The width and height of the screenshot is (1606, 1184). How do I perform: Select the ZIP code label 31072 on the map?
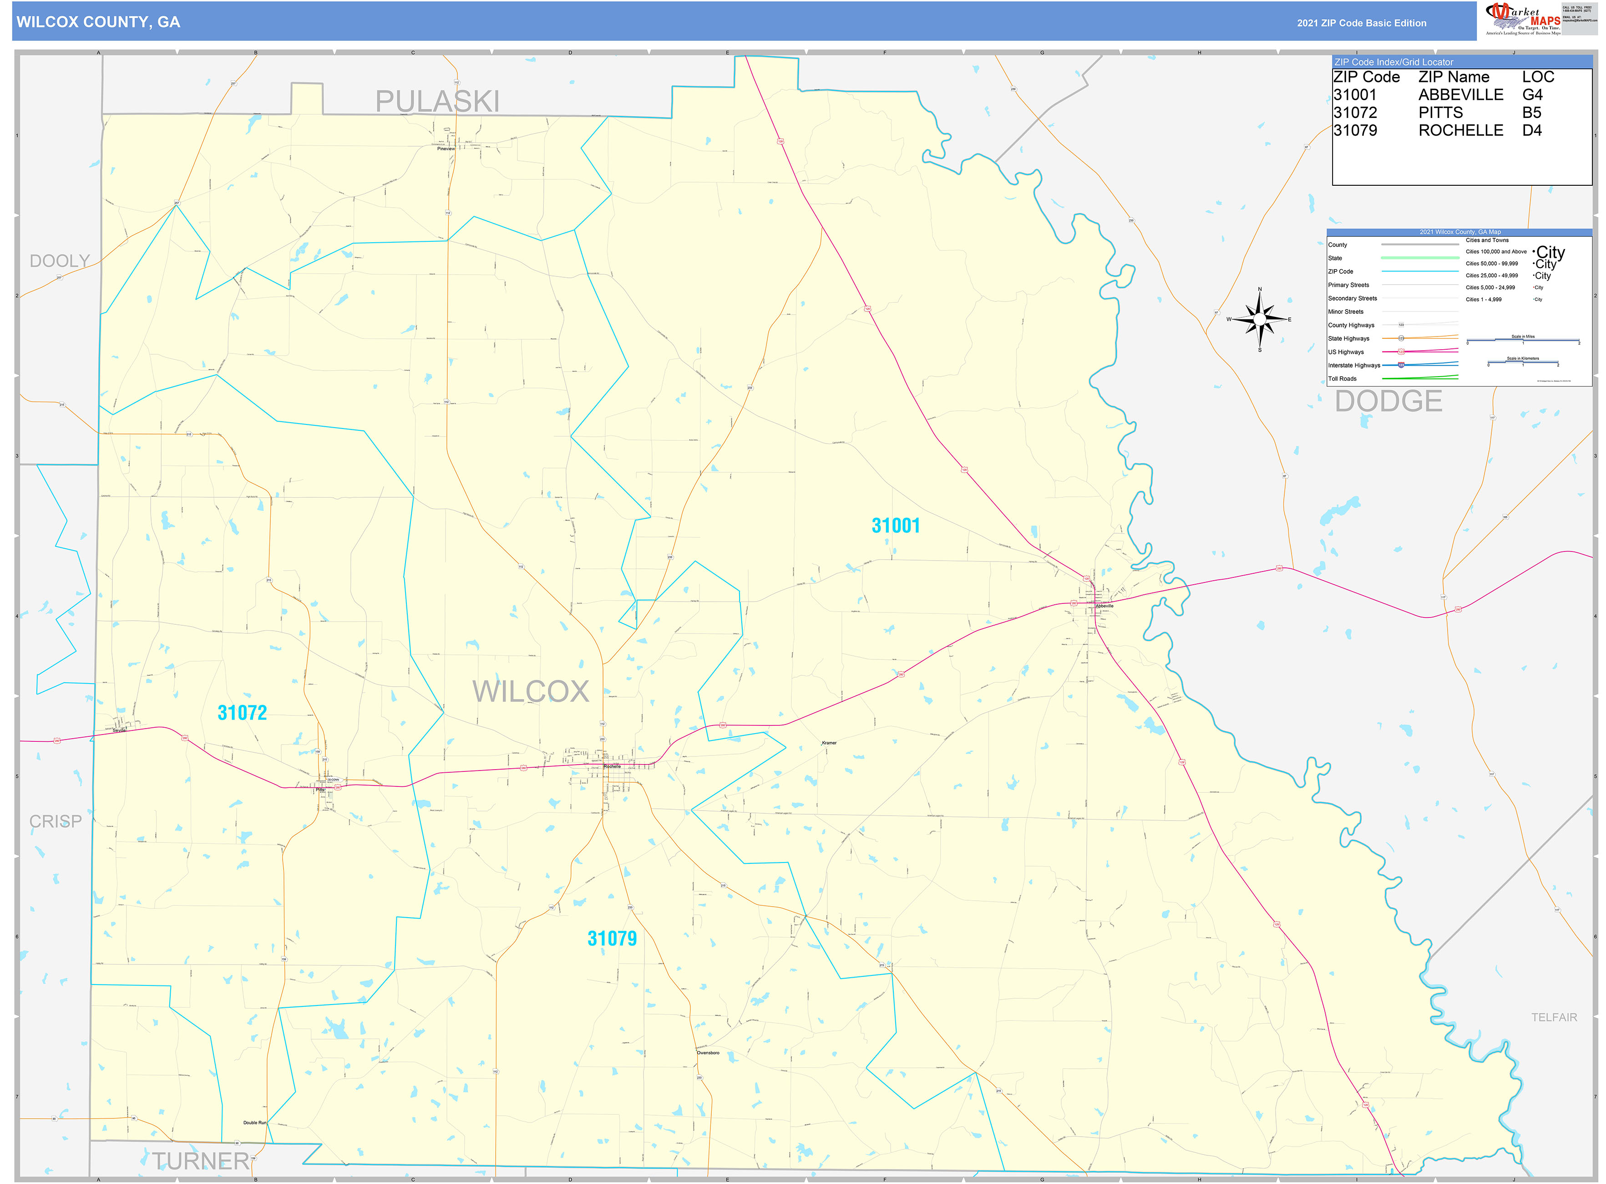click(x=242, y=712)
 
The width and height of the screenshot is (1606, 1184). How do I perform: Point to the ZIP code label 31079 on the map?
click(x=612, y=938)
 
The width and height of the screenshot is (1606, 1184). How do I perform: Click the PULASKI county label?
click(x=437, y=101)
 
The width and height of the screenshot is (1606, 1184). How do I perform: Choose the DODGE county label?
click(x=1388, y=401)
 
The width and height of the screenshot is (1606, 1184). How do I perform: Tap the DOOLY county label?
click(x=60, y=261)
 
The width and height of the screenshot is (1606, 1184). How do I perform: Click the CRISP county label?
click(x=55, y=822)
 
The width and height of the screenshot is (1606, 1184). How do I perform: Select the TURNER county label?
click(x=201, y=1161)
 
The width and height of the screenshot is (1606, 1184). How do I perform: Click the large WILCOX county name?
click(x=530, y=692)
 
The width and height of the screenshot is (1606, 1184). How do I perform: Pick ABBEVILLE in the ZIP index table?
click(x=1460, y=95)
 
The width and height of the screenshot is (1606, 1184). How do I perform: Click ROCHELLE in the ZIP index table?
click(x=1460, y=130)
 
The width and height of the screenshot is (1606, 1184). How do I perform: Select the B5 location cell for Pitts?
click(x=1531, y=112)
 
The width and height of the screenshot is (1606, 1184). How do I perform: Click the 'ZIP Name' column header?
click(x=1454, y=77)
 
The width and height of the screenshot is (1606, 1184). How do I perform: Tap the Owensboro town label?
click(x=708, y=1053)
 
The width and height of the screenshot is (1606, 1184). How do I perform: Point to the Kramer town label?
click(x=829, y=743)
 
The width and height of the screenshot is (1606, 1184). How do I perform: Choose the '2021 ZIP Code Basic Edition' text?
click(x=1361, y=23)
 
